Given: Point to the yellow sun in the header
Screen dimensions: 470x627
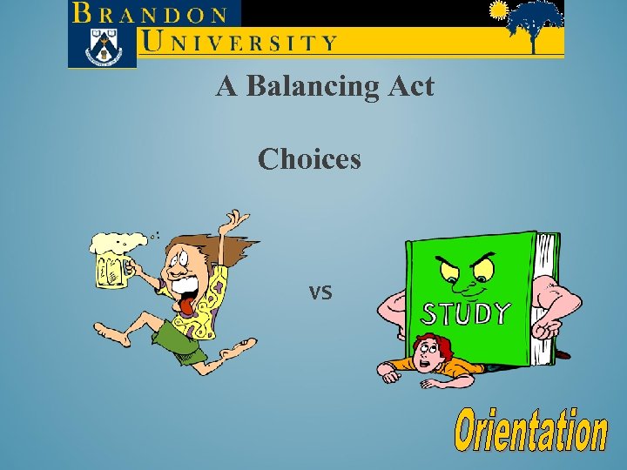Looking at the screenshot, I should point(498,10).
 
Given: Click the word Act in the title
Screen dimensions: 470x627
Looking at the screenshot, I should point(410,86).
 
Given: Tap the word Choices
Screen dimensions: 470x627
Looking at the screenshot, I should point(309,158).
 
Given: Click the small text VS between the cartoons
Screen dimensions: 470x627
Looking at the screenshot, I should point(320,293).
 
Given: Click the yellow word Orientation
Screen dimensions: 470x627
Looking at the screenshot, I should point(531,433).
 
